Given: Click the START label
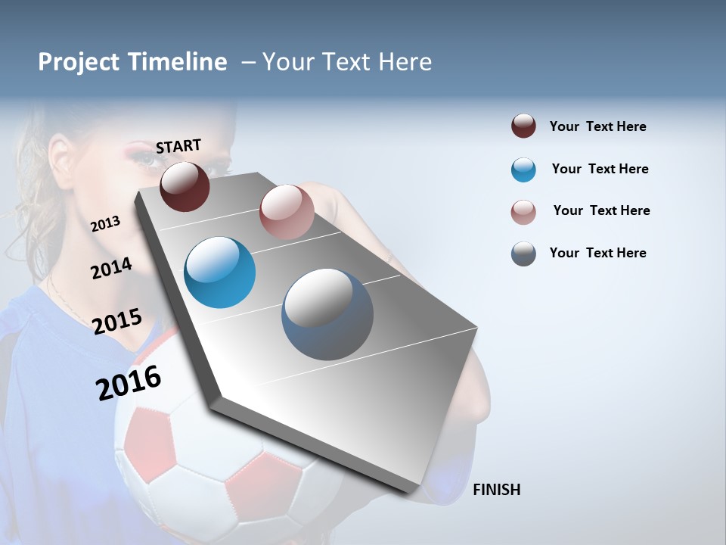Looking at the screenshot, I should [x=178, y=146].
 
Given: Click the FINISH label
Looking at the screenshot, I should [x=496, y=490].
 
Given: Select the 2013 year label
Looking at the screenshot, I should [x=106, y=223].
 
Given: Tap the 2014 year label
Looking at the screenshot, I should [x=111, y=268].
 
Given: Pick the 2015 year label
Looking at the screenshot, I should [x=117, y=321].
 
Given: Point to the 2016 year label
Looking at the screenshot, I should [x=129, y=382].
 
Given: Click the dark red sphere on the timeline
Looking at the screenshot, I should [x=185, y=186].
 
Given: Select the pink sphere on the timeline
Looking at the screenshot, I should [x=287, y=211].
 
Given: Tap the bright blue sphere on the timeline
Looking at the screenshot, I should [x=219, y=272].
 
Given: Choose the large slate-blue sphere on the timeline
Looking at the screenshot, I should [x=327, y=314].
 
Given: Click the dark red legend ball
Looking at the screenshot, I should [x=523, y=126].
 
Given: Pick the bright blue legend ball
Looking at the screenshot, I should [x=523, y=170].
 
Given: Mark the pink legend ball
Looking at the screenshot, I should [x=523, y=212].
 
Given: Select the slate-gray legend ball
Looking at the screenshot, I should [x=523, y=254].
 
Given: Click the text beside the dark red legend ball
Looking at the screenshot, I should [x=597, y=126].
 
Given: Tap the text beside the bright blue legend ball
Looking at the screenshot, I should [x=600, y=169].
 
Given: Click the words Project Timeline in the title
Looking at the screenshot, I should [x=132, y=62].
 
